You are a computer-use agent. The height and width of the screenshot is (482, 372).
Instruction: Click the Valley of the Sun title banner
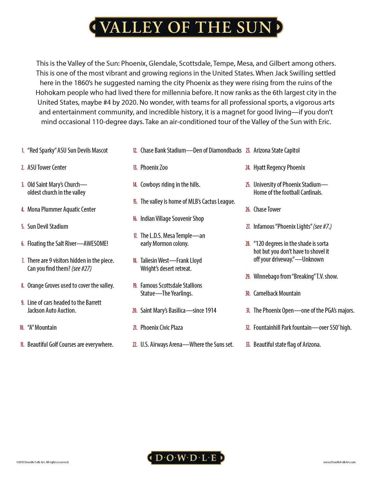click(186, 27)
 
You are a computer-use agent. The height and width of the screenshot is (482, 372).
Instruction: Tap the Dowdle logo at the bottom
click(186, 458)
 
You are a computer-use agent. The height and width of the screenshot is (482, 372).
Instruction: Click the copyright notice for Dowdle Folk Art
click(43, 462)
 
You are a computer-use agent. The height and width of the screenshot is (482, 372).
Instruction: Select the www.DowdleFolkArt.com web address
click(339, 462)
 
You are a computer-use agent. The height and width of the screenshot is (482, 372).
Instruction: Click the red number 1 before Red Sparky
click(23, 151)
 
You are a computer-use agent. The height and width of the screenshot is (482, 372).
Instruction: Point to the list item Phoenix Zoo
click(154, 168)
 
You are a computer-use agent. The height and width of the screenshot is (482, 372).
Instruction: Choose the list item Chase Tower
click(267, 209)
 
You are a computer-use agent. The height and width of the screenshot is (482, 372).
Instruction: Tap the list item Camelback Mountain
click(277, 293)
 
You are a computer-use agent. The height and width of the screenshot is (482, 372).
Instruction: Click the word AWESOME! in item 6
click(96, 244)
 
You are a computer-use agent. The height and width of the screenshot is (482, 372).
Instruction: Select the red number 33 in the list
click(248, 345)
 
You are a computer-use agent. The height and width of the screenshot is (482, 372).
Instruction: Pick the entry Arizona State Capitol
click(277, 150)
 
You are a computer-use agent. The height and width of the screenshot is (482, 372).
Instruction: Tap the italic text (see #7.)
click(322, 227)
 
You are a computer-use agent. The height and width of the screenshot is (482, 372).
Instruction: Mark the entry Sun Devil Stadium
click(48, 227)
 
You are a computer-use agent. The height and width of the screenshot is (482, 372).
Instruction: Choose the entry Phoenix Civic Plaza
click(162, 327)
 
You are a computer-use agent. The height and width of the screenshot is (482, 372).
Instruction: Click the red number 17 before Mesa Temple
click(135, 236)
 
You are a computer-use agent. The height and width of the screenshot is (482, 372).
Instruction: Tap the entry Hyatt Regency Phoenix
click(279, 168)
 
